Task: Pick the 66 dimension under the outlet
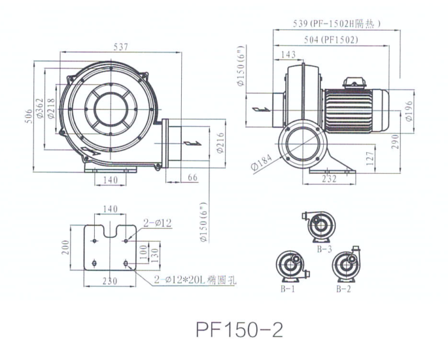192,178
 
